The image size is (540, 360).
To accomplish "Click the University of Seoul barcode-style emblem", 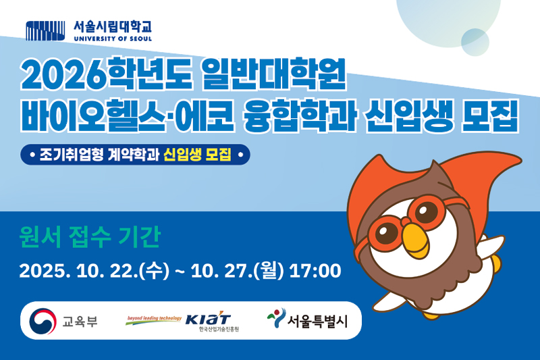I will (x=46, y=30).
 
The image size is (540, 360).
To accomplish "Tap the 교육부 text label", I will (x=80, y=320).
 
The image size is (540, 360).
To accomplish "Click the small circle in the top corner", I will (x=475, y=41).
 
